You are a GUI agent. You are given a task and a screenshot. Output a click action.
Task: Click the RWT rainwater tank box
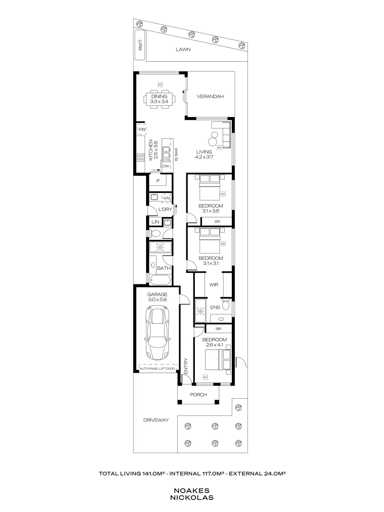coord(140,46)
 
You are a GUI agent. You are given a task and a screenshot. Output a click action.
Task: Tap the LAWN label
coord(183,49)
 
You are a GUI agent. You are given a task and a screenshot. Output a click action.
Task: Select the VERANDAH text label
coord(210,97)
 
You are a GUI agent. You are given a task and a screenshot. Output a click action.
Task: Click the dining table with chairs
coord(159,99)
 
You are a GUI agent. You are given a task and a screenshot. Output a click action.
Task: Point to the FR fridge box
coord(141,129)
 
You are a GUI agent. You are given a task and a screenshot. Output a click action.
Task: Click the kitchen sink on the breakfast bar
coord(166,153)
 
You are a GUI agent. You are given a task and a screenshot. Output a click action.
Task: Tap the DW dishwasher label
coord(165,166)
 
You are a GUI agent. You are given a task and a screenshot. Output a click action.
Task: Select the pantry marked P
coord(157,181)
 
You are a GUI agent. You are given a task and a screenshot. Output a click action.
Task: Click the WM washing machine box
coord(166,198)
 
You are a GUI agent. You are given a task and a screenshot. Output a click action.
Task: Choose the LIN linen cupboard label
coord(155,222)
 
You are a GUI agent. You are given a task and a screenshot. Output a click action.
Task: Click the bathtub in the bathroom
coord(159,280)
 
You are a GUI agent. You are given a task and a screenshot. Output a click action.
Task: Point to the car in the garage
coord(156,332)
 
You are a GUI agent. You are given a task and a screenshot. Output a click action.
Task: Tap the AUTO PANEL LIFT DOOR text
coord(156,368)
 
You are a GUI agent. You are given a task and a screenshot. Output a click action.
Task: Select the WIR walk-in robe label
coord(213,285)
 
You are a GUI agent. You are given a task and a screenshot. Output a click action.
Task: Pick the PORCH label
coord(199,394)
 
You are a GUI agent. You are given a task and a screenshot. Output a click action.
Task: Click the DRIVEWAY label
coord(156,420)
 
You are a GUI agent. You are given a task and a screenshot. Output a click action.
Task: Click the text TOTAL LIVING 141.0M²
coord(132,473)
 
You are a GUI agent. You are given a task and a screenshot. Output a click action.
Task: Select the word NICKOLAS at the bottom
coord(192,498)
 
